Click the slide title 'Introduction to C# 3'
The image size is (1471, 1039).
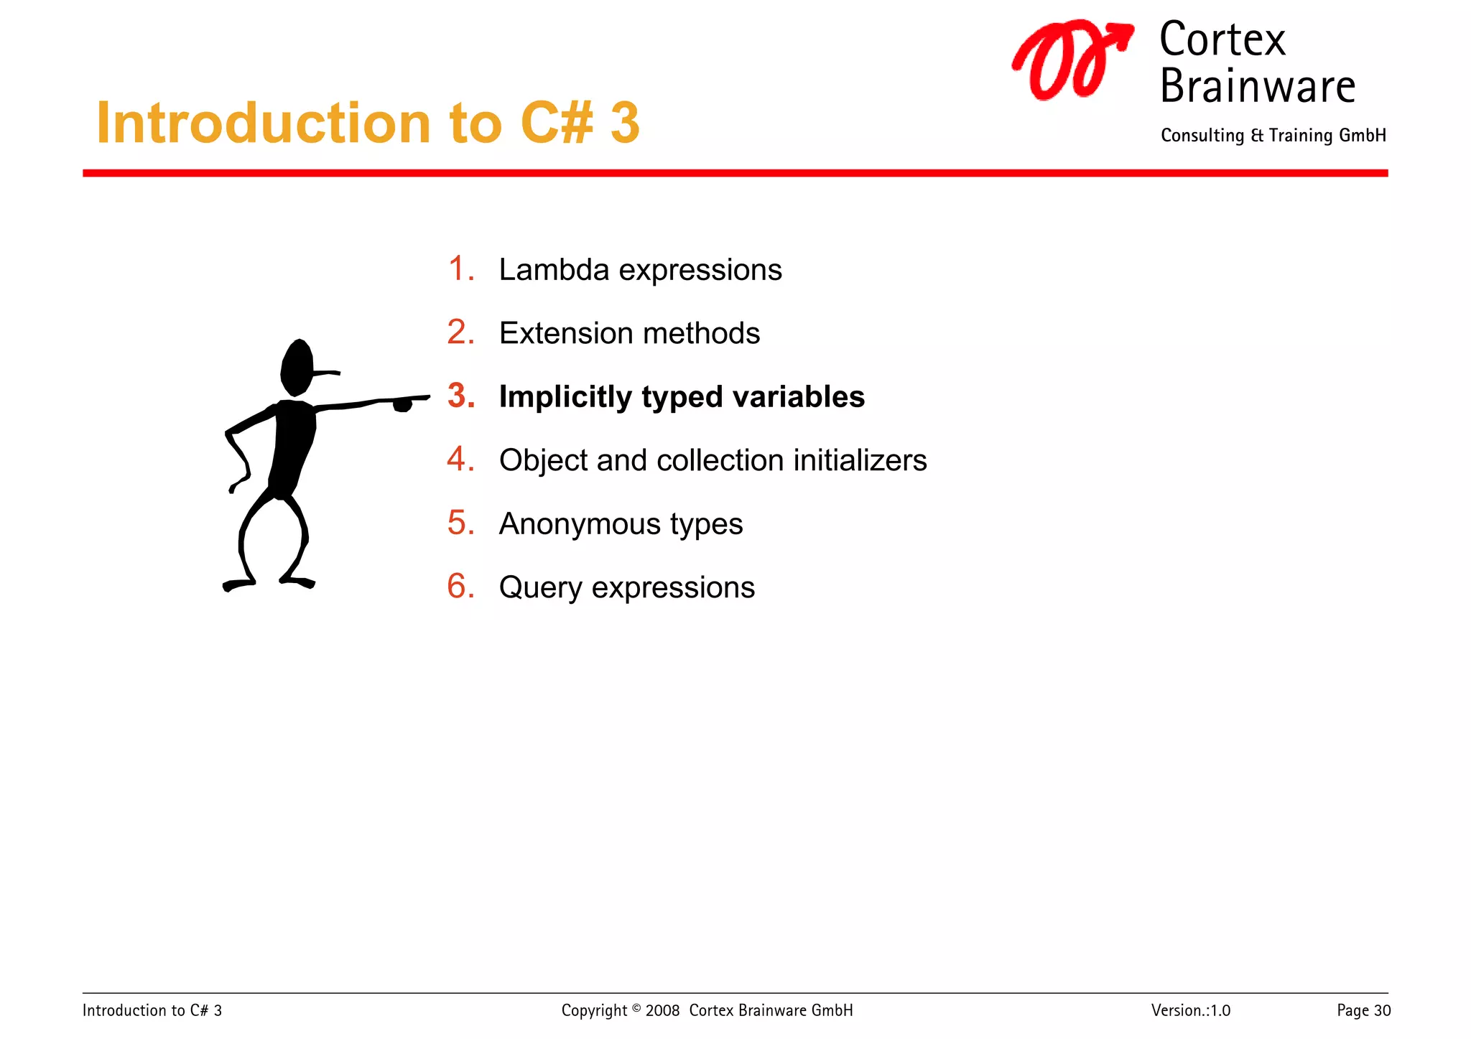tap(368, 124)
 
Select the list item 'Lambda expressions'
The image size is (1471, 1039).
tap(639, 271)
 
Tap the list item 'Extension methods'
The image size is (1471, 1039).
tap(629, 334)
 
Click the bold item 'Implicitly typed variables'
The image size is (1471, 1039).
tap(682, 397)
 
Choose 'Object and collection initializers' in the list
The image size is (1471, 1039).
tap(713, 461)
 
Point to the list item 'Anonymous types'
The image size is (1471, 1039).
tap(621, 524)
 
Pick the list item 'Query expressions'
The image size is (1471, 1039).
tap(626, 588)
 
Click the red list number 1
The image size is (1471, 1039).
tap(460, 269)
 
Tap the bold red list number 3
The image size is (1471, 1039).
tap(461, 396)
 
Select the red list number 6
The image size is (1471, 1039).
tap(460, 587)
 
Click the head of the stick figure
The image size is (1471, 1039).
tap(297, 366)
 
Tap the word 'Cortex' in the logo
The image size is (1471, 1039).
tap(1222, 40)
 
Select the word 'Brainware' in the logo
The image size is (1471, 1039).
tap(1257, 87)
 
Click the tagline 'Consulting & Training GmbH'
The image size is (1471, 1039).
tap(1273, 136)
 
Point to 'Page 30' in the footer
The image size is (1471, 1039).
tap(1363, 1011)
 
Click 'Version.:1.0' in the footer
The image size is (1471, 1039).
tap(1190, 1011)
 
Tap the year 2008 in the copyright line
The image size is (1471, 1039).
tap(662, 1011)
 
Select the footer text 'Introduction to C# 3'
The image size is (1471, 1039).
tap(152, 1011)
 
